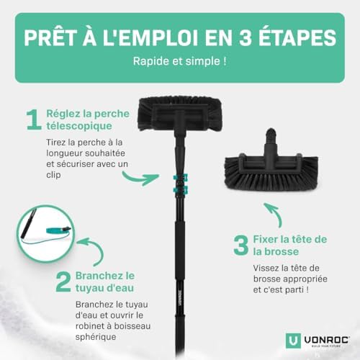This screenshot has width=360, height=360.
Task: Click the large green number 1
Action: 35,120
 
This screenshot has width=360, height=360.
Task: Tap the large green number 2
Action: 63,282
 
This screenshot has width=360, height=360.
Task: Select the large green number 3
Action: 241,246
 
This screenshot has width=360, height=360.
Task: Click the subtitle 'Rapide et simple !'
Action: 180,61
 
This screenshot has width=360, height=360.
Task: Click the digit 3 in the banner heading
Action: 245,37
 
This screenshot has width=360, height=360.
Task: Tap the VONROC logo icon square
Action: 293,341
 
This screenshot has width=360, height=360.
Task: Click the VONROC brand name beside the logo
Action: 327,340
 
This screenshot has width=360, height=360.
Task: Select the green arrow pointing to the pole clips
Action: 140,178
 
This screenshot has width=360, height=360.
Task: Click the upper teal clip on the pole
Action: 181,178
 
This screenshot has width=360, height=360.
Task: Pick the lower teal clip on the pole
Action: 181,190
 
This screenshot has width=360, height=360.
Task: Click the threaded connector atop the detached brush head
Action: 271,135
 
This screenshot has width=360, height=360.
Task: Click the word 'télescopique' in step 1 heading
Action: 79,126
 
